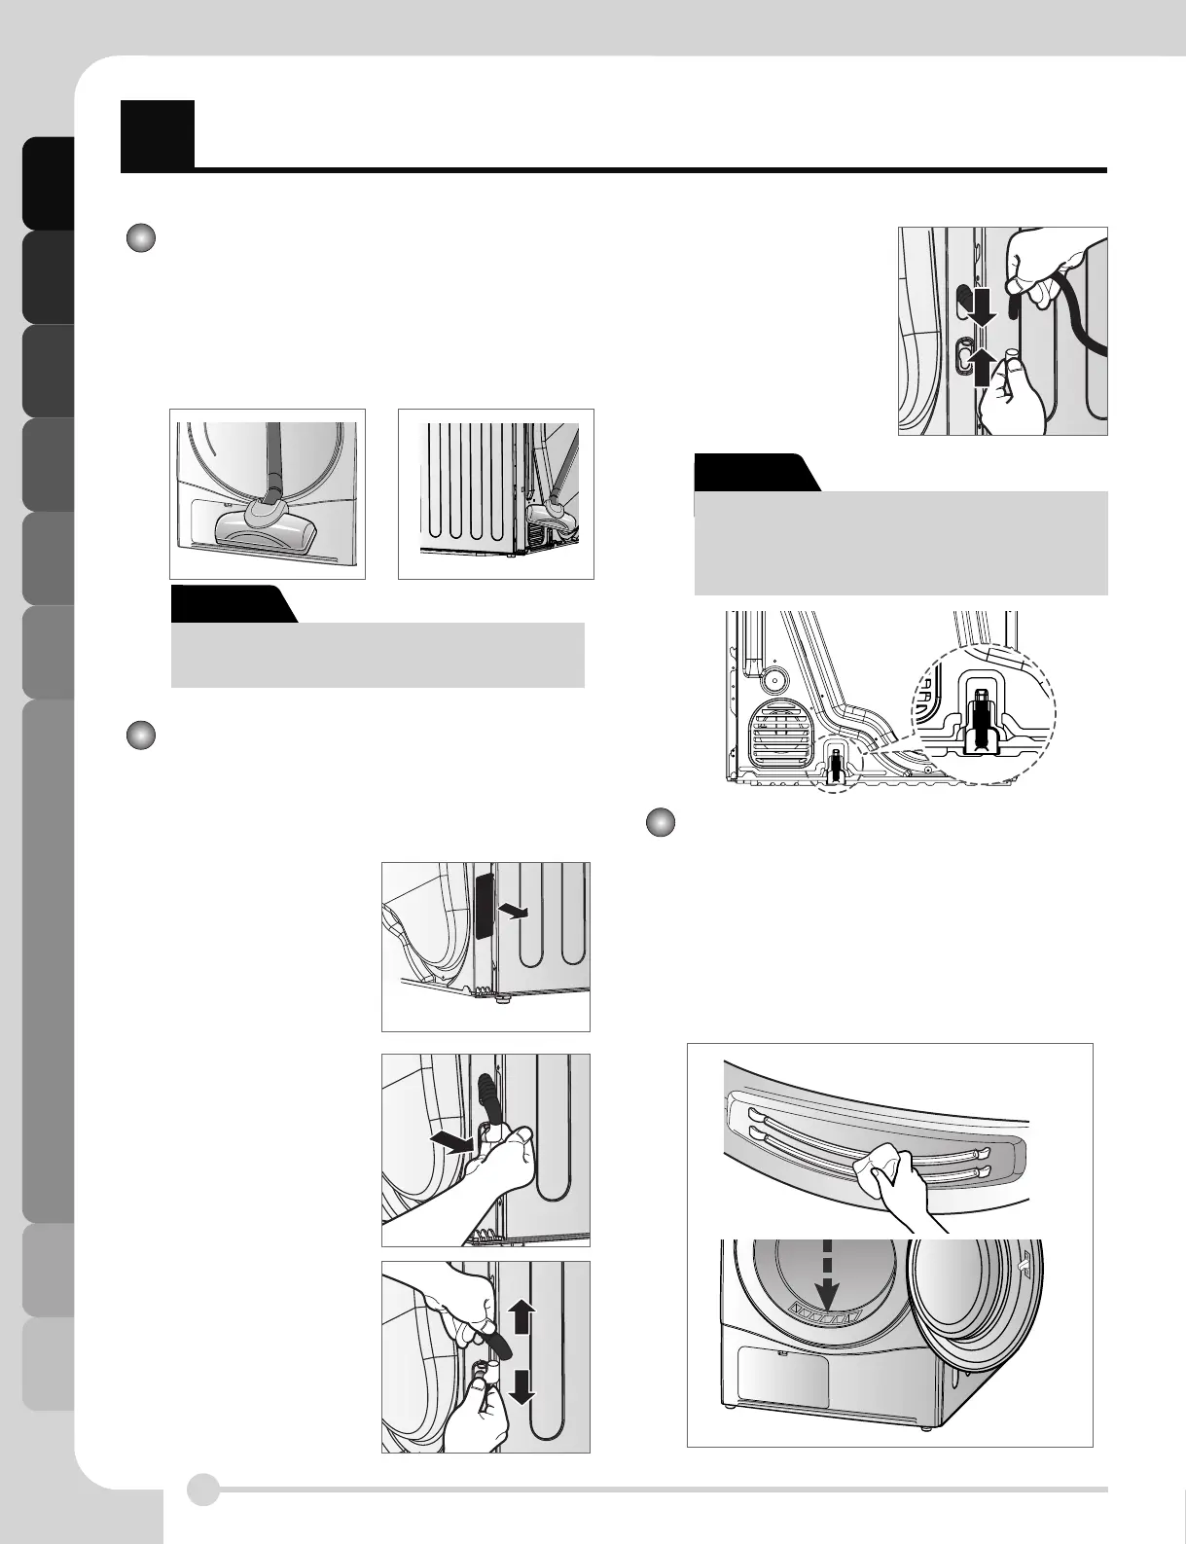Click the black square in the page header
[x=157, y=134]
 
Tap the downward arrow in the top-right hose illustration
[x=981, y=305]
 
